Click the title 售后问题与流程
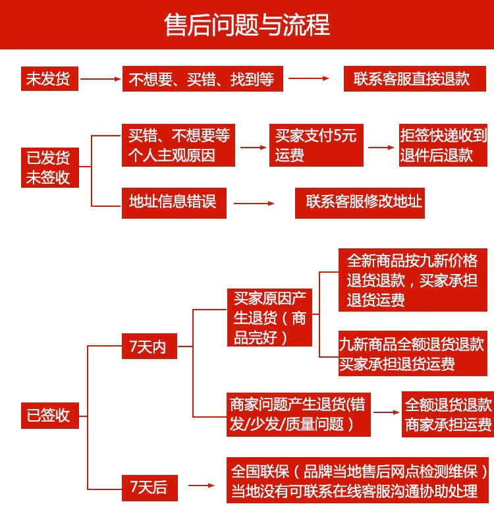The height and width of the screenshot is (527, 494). [247, 25]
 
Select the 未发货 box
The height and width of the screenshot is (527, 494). [50, 78]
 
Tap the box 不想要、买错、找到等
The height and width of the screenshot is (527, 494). [203, 78]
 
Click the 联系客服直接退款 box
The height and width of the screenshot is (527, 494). [415, 78]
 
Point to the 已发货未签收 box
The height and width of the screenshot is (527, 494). [50, 167]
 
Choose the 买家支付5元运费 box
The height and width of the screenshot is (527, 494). [316, 145]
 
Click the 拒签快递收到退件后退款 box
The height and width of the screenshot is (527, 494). [443, 145]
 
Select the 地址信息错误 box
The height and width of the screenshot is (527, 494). [174, 203]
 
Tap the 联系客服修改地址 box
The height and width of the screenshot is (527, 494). [360, 203]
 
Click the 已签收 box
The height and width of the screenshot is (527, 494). [50, 416]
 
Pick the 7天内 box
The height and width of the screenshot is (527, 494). [150, 347]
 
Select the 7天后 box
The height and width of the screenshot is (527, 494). [150, 487]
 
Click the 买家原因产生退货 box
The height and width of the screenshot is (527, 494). [269, 318]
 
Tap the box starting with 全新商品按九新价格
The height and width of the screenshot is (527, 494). [413, 280]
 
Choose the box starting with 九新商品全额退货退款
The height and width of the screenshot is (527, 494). [413, 353]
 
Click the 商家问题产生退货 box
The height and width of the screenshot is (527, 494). [298, 414]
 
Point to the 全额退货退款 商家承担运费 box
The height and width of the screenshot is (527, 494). [448, 414]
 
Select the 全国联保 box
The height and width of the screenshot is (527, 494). [358, 480]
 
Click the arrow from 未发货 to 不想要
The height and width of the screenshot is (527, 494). [101, 79]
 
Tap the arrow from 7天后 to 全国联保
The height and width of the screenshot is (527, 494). [202, 485]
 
